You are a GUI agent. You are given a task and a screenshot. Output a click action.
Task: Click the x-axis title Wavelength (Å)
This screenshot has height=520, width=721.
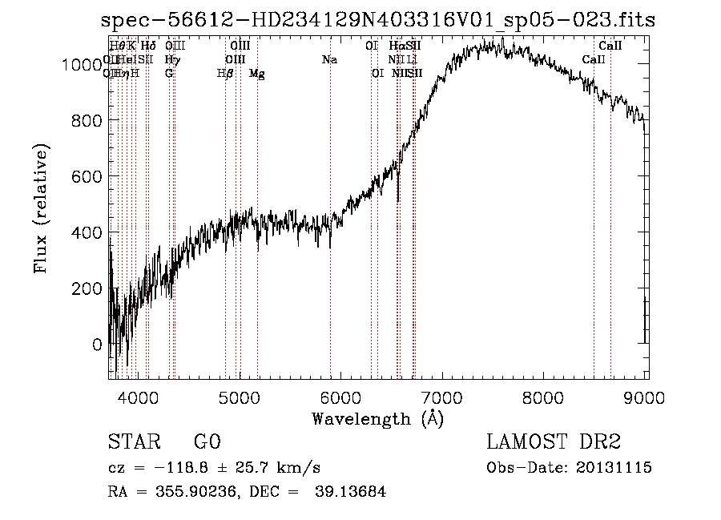tap(377, 418)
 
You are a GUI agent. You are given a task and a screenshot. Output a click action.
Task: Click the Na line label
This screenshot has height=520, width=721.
tap(329, 59)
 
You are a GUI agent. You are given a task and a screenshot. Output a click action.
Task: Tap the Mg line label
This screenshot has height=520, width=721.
tap(257, 74)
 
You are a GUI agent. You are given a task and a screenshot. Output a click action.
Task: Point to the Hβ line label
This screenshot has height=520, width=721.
tap(225, 74)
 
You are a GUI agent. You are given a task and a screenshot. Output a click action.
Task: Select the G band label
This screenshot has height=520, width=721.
tap(169, 74)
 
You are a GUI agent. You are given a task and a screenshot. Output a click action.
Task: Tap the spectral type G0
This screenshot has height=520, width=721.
tap(207, 442)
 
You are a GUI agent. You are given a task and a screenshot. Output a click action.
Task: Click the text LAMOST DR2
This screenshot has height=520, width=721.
tap(554, 442)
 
